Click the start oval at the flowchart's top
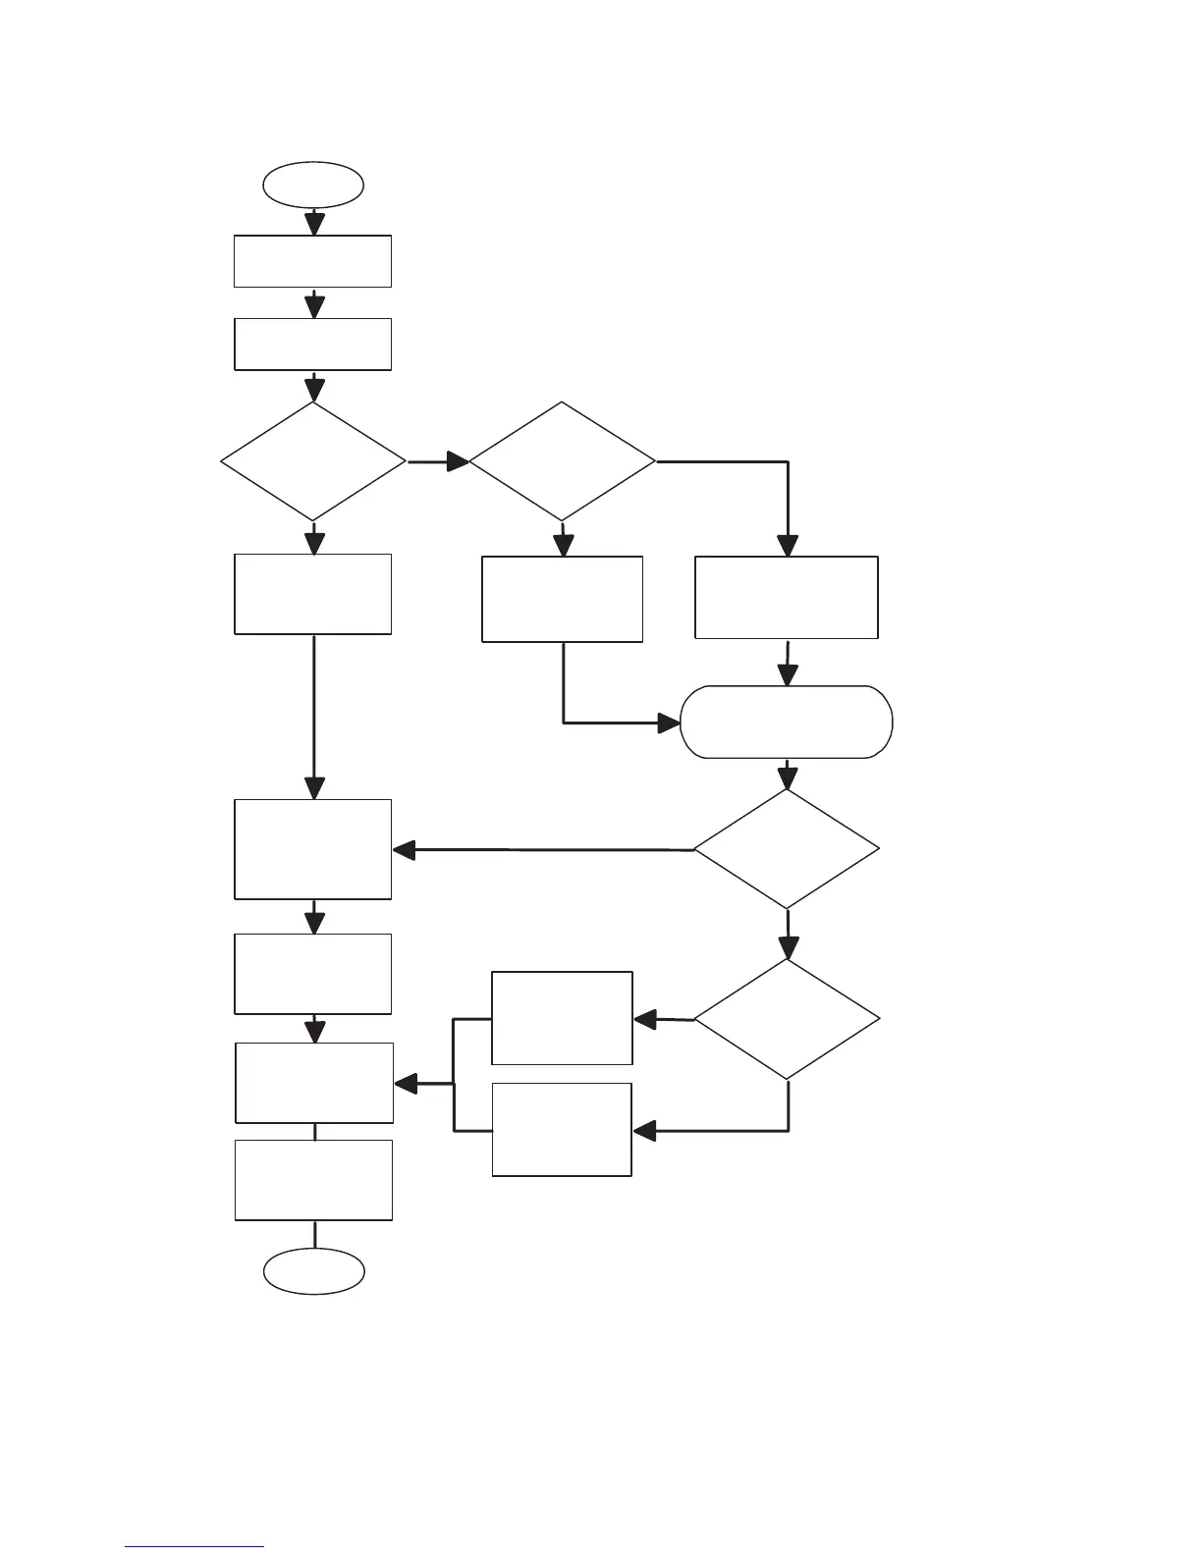(313, 185)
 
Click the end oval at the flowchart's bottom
(314, 1271)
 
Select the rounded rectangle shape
(787, 722)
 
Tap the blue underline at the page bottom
(194, 1547)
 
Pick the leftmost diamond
(313, 460)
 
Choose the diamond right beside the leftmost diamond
(562, 460)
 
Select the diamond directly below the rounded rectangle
(787, 849)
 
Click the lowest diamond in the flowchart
(787, 1019)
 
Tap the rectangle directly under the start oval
(313, 261)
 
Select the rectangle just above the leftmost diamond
(313, 344)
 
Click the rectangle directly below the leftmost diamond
(313, 594)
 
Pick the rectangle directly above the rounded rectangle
(787, 597)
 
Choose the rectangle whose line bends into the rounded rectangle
(562, 599)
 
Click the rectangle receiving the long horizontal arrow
(313, 849)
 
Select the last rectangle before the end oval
(314, 1180)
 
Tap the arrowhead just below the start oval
(313, 224)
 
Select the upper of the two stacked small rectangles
(562, 1018)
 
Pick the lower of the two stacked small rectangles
(562, 1129)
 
